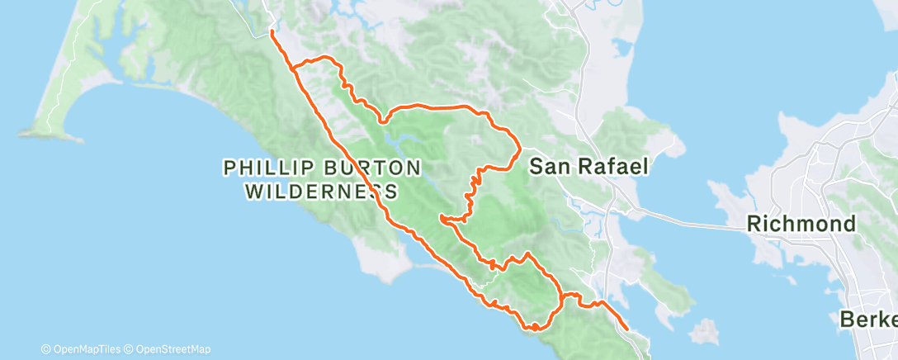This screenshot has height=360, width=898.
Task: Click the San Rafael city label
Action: coord(588,166)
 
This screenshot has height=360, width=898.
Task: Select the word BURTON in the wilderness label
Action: coord(377,168)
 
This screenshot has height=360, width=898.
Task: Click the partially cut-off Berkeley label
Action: coord(868,319)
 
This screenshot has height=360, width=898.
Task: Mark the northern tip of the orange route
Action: coord(272,32)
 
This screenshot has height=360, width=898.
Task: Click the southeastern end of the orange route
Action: coord(627,329)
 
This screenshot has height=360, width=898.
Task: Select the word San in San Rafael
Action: coord(546,166)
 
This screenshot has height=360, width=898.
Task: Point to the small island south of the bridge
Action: coord(702,333)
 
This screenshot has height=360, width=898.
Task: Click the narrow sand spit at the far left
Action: coord(58,99)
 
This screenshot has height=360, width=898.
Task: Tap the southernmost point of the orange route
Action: coord(535,329)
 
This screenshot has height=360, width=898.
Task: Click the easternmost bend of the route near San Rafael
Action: coord(519,149)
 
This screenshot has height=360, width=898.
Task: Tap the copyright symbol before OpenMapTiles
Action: coord(45,349)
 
